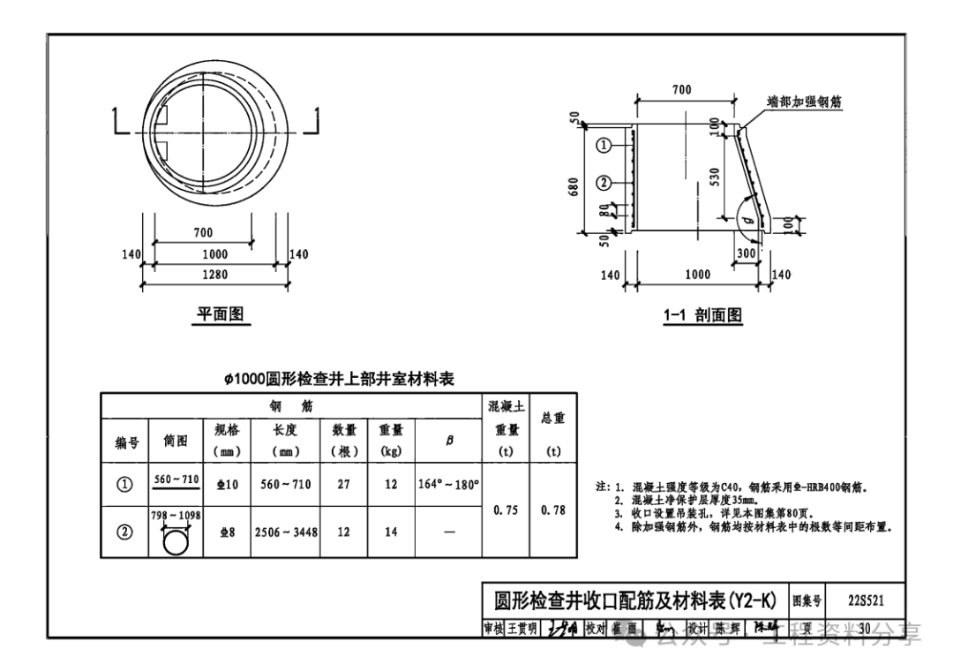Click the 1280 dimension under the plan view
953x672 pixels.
[214, 275]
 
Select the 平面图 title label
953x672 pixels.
[220, 314]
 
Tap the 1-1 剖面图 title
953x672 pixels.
[703, 315]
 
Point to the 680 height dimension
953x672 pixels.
[575, 187]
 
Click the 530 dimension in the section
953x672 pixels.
[714, 177]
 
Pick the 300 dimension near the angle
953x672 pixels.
[747, 253]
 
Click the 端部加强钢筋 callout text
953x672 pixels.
[803, 102]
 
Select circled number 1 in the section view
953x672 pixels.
[604, 145]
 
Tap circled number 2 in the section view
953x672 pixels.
[604, 183]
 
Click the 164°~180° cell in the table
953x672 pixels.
[448, 484]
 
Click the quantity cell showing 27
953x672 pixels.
[343, 484]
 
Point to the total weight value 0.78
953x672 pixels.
[553, 510]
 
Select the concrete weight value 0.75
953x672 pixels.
[506, 510]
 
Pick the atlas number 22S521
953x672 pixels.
[865, 601]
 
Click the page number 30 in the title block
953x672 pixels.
[864, 628]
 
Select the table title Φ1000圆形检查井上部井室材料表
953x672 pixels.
[339, 379]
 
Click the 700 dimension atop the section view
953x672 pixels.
[681, 90]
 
